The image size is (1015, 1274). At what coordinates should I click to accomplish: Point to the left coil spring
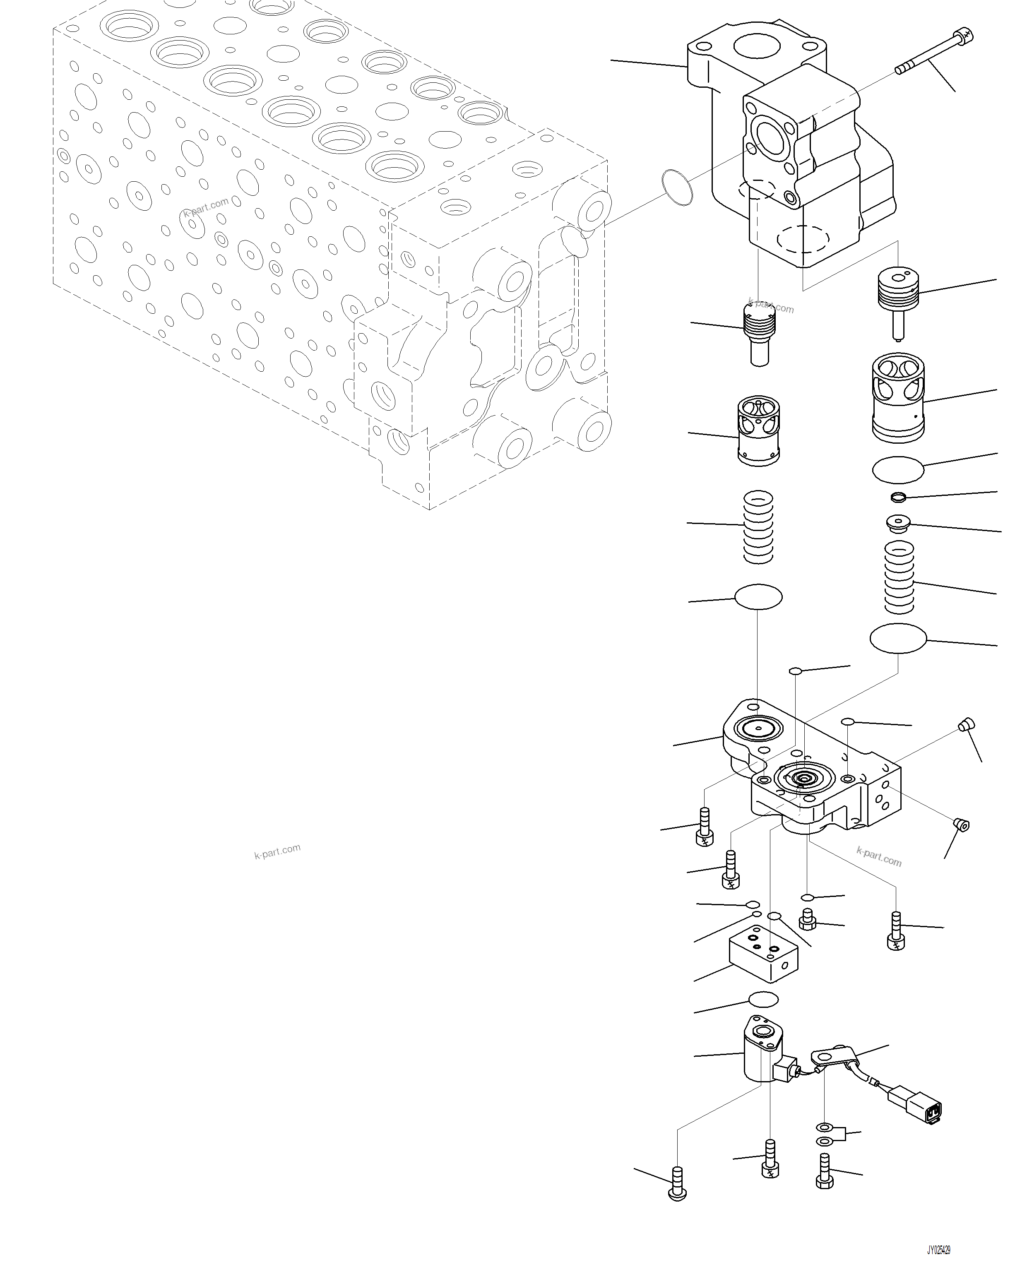click(x=758, y=527)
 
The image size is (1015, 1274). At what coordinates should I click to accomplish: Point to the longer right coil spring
click(x=899, y=579)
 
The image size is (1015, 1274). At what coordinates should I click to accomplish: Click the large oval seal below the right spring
click(x=898, y=638)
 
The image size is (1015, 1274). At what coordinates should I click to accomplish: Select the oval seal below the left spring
click(x=759, y=597)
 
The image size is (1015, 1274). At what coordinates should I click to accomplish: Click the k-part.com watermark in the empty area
click(x=277, y=851)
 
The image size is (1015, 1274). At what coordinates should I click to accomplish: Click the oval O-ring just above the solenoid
click(x=763, y=999)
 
